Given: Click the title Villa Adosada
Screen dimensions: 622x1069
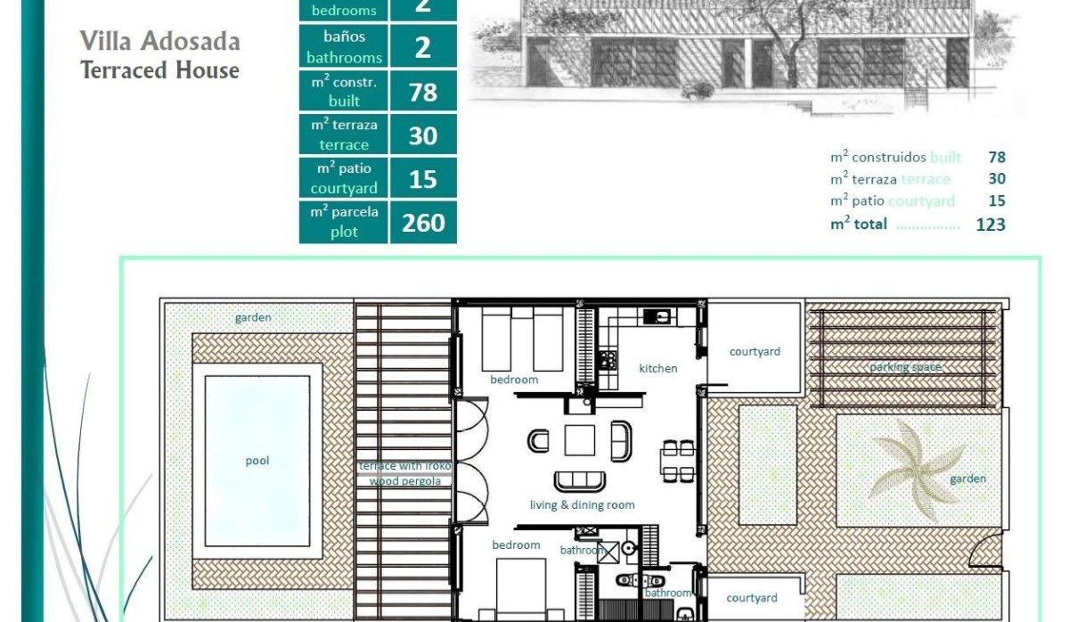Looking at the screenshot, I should (x=159, y=41).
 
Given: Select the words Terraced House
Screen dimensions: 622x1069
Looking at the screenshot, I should (x=159, y=70).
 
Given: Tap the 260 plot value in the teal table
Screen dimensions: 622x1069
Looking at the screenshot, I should (x=423, y=222).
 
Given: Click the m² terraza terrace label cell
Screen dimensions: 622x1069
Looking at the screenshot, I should (x=344, y=135).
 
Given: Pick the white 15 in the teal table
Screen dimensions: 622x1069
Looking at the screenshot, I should (x=423, y=179).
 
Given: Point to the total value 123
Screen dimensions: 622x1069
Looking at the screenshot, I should (x=990, y=225).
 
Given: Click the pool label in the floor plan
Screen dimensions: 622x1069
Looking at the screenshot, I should (x=257, y=462).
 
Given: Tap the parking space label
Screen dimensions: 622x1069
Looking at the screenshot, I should (x=905, y=367).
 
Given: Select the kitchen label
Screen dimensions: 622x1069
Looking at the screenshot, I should (x=658, y=368).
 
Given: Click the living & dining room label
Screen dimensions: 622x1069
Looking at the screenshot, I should (x=583, y=505).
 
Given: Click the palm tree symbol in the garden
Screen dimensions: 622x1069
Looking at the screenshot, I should (x=916, y=469).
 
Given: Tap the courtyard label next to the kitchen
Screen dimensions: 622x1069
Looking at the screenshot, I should (x=755, y=351).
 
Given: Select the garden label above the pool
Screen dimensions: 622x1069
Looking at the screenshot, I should (x=253, y=317).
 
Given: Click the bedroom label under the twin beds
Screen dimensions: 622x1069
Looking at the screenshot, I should (x=514, y=380).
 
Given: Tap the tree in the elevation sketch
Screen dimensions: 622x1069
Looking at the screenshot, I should (x=787, y=45).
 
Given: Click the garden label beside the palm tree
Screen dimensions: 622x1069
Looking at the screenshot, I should (x=967, y=479).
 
